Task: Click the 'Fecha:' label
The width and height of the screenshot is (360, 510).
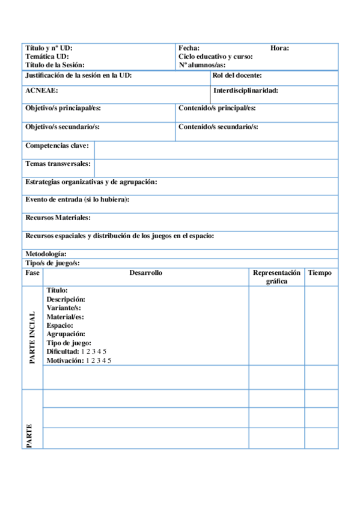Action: tap(189, 48)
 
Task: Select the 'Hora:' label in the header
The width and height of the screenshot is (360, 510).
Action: tap(279, 48)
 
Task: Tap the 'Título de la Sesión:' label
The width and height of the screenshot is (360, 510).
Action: tap(55, 65)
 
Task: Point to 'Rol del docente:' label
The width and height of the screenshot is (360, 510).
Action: tap(237, 76)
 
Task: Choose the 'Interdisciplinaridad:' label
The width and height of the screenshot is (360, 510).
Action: tap(245, 91)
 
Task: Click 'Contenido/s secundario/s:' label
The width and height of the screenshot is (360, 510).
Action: tap(218, 127)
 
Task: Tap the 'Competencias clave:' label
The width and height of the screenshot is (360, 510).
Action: tap(57, 146)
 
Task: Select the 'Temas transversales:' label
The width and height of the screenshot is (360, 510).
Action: tap(58, 164)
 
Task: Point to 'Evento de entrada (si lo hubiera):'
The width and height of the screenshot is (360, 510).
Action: tap(78, 200)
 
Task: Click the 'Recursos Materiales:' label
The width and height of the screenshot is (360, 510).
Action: tap(58, 218)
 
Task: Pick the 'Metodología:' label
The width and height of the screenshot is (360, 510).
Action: tap(46, 254)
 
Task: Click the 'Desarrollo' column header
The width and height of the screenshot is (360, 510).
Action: tap(145, 273)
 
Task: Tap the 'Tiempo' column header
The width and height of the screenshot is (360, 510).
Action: tap(320, 273)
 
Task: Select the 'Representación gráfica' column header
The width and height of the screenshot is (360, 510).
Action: tap(276, 277)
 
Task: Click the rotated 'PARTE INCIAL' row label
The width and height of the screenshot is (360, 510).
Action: tap(32, 337)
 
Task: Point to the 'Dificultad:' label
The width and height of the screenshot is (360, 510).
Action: tap(63, 352)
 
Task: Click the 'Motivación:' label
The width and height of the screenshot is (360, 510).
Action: tap(65, 361)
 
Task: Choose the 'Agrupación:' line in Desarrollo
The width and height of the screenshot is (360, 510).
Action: tap(66, 334)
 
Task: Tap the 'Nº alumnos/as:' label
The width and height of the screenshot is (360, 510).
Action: tap(201, 65)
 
